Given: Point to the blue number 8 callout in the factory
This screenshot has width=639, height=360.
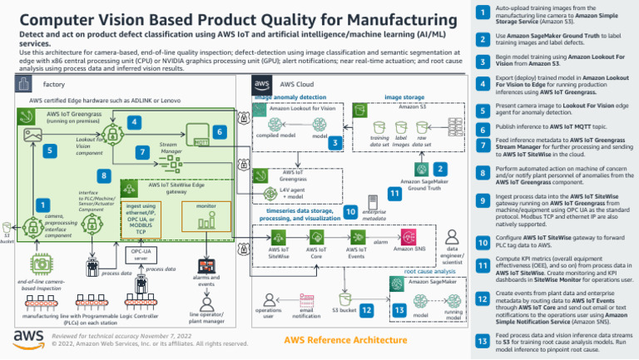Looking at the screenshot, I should tap(103, 176).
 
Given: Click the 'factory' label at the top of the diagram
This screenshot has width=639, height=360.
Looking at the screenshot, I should tap(53, 85).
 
